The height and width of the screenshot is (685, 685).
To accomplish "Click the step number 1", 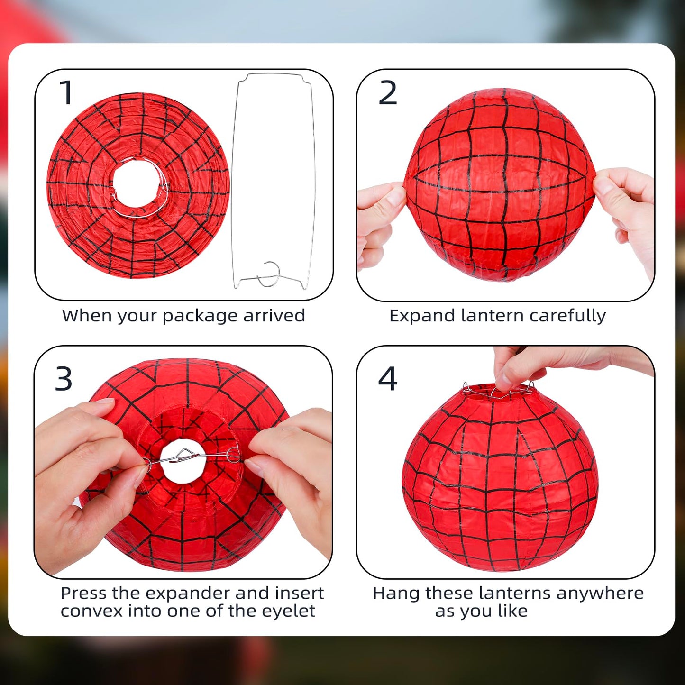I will coord(66,92).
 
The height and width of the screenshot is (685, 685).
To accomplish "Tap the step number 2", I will coord(387,93).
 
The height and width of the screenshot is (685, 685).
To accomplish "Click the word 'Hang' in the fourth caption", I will coord(396,594).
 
